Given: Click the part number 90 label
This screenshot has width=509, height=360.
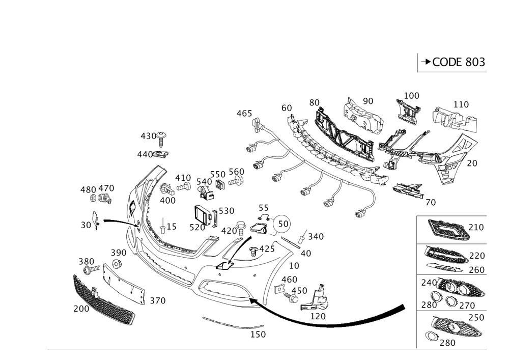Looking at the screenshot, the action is click(x=367, y=101).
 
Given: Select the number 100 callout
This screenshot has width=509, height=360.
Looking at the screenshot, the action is click(x=412, y=95).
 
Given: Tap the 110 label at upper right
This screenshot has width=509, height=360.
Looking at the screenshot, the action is click(x=461, y=104).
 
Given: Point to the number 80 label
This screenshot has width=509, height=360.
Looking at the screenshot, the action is click(x=314, y=103).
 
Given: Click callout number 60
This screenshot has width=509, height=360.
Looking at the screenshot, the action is click(x=287, y=108).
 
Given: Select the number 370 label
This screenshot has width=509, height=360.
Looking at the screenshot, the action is click(x=157, y=301).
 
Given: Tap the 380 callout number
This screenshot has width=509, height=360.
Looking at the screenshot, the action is click(x=86, y=261).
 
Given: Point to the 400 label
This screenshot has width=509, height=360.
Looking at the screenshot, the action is click(x=167, y=201).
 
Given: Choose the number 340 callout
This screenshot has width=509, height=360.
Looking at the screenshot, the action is click(x=316, y=236).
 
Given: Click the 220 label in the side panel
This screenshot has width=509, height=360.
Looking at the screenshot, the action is click(x=477, y=255).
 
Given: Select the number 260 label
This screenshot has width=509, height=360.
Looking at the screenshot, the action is click(x=477, y=269).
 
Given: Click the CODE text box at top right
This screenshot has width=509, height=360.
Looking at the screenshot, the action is click(x=453, y=62).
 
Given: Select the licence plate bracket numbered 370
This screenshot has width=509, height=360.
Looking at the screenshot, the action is click(x=124, y=283).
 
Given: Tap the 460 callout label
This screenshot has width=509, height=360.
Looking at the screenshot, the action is click(x=244, y=113).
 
